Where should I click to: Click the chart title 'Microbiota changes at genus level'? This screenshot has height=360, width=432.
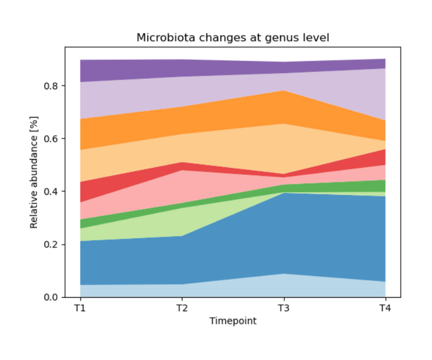coord(233,37)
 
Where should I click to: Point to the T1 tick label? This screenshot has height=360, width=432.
coord(80,309)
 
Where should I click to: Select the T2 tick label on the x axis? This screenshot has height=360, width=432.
coord(182,309)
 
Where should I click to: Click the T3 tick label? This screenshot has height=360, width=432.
coord(284,309)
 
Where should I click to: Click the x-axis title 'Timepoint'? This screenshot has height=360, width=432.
coord(233,321)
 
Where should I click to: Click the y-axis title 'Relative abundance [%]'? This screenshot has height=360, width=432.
coord(34,172)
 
